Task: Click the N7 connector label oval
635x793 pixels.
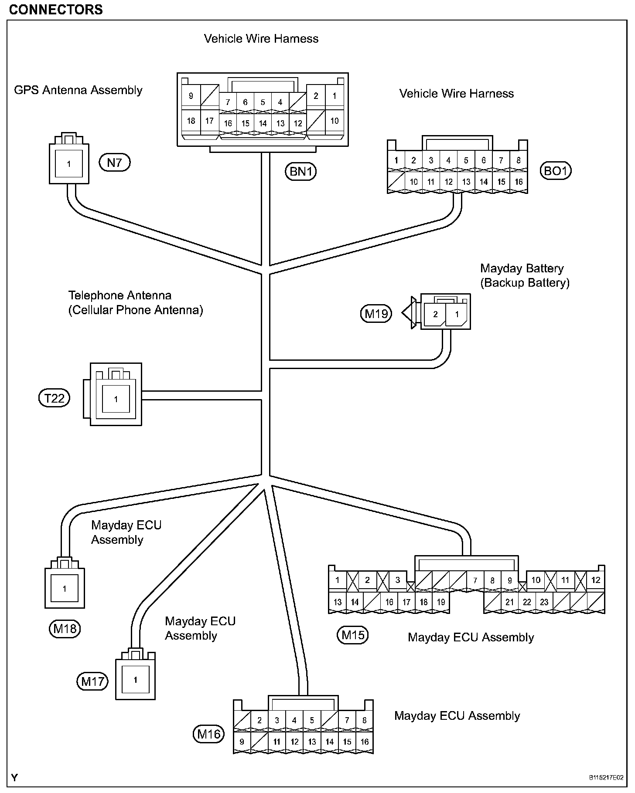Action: (115, 163)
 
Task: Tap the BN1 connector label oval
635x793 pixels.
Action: (300, 171)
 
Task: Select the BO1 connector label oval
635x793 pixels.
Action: (555, 170)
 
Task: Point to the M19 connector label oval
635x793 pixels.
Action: (376, 313)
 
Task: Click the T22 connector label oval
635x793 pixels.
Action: (55, 398)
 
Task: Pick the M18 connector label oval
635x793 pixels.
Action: (65, 628)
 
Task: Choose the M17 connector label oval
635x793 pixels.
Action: (92, 681)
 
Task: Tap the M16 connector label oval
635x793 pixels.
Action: (208, 734)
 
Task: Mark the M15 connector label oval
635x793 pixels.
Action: (352, 635)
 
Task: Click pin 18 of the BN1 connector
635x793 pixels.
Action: (191, 121)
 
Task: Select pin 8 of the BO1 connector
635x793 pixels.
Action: (519, 160)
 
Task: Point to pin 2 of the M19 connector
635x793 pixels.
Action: (435, 314)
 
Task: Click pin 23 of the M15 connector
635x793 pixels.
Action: (544, 602)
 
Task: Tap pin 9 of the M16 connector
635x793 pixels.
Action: (242, 742)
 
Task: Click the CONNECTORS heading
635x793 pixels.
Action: (56, 10)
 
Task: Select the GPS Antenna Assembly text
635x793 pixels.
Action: (79, 90)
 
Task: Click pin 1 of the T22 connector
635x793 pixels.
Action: (116, 399)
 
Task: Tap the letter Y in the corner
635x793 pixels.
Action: (15, 778)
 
